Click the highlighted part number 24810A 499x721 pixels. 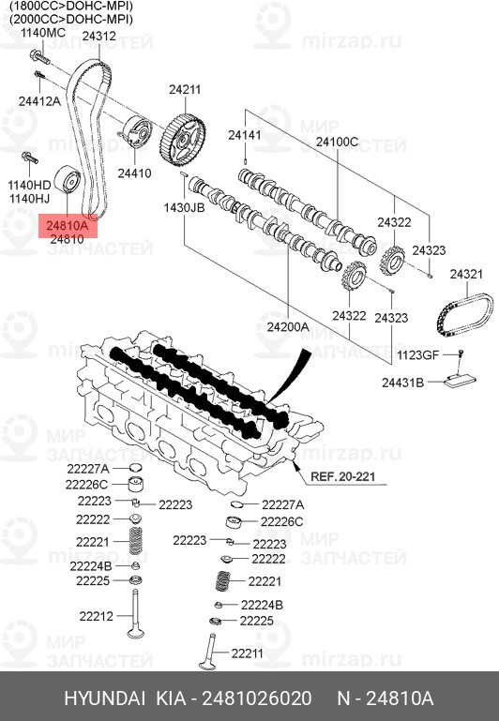[67, 225]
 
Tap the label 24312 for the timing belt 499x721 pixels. [98, 36]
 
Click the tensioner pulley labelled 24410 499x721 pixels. [136, 132]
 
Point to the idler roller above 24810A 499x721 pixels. [68, 179]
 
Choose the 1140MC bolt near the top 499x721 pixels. [39, 56]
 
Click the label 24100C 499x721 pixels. [337, 142]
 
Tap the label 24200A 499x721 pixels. [288, 327]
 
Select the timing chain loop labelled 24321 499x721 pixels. [464, 315]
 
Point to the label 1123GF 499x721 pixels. [418, 355]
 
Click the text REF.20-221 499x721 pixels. [343, 476]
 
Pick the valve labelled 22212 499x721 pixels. [135, 613]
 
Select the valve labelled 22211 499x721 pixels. [209, 652]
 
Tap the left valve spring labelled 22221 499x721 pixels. [135, 541]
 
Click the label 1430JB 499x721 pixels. [184, 207]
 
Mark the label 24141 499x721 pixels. [245, 135]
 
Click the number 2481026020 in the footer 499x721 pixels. [257, 698]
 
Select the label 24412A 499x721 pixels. [39, 100]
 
